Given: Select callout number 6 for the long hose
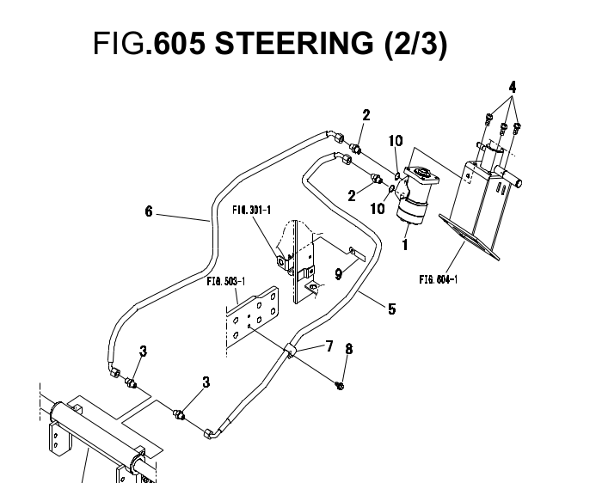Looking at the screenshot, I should click(149, 211).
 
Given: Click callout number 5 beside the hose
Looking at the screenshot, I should click(392, 308).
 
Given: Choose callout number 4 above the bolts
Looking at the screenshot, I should click(512, 88).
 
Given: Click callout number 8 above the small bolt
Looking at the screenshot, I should click(348, 349).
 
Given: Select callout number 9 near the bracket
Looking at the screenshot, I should click(339, 275).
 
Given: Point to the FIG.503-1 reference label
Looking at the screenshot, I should click(225, 280).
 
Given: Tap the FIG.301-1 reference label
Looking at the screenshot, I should click(252, 209).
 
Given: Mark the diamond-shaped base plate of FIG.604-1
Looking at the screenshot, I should click(477, 236).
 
